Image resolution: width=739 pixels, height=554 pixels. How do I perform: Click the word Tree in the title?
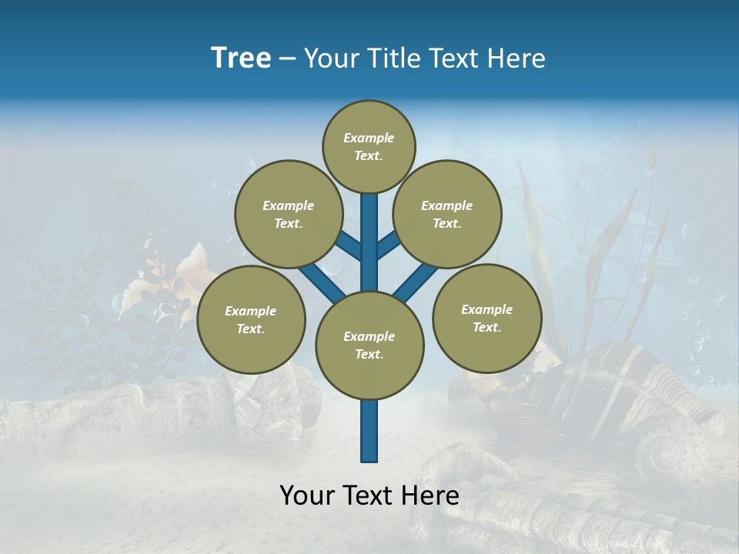click(241, 58)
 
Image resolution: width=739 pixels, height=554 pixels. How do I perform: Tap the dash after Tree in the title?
click(288, 59)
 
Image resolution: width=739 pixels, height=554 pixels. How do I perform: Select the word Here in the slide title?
click(516, 58)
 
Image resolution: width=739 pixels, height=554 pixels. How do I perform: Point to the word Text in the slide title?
click(455, 58)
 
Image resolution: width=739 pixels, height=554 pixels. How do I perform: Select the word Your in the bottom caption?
click(308, 496)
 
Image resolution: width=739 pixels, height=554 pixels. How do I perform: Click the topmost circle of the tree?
click(369, 146)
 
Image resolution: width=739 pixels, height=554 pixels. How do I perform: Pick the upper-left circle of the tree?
click(288, 214)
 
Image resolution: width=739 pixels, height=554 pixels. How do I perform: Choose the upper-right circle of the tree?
click(446, 214)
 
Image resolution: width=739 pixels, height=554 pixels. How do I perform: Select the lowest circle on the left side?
click(251, 319)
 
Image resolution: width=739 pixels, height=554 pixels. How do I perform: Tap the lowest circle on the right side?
click(487, 318)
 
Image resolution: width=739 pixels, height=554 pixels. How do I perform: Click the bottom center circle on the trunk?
click(369, 345)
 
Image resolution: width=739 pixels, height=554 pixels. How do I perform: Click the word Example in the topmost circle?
click(369, 138)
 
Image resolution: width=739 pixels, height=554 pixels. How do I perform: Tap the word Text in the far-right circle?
click(487, 327)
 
